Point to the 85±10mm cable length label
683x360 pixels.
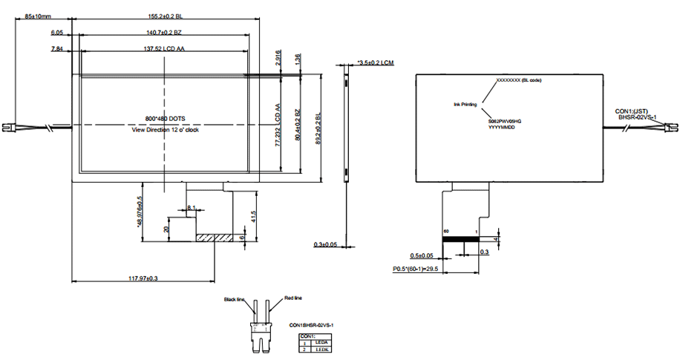tap(39, 16)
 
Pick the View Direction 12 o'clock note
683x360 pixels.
tap(165, 129)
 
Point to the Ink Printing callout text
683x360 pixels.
tap(465, 105)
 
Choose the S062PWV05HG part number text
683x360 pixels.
tap(505, 120)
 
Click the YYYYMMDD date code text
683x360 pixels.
tap(501, 127)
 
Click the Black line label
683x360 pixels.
tap(235, 300)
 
